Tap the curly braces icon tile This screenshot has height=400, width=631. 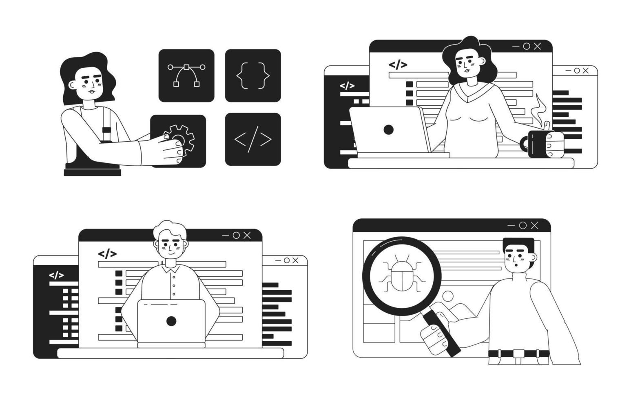pyautogui.click(x=253, y=76)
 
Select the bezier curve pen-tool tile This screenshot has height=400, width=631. pyautogui.click(x=186, y=76)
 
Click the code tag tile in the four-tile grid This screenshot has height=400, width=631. pyautogui.click(x=253, y=139)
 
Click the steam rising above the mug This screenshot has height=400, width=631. pyautogui.click(x=541, y=109)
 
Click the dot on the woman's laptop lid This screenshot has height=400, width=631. pyautogui.click(x=389, y=130)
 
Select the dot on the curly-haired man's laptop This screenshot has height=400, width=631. pyautogui.click(x=171, y=321)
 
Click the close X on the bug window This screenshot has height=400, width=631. pyautogui.click(x=534, y=225)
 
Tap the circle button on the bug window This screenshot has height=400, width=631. pyautogui.click(x=523, y=225)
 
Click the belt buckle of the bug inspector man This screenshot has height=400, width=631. pyautogui.click(x=519, y=353)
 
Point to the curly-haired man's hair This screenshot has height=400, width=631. pyautogui.click(x=170, y=229)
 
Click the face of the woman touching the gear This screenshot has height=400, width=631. pyautogui.click(x=91, y=86)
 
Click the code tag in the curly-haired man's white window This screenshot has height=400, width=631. pyautogui.click(x=107, y=254)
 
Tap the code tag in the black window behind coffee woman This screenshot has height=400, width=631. pyautogui.click(x=347, y=86)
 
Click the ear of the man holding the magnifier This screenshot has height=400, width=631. pyautogui.click(x=533, y=258)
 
